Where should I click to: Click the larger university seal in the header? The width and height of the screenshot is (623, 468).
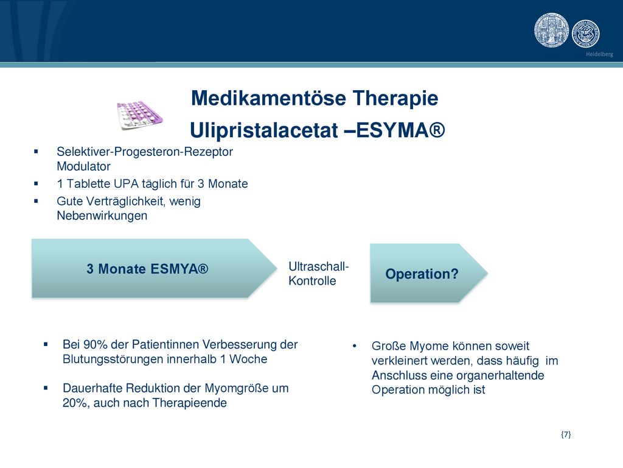[551, 30]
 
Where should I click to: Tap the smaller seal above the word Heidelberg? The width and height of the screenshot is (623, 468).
[586, 34]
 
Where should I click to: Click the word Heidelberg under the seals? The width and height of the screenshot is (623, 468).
[599, 54]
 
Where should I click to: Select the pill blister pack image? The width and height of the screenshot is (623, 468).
[140, 115]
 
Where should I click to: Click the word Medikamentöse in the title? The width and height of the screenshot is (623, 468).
[268, 98]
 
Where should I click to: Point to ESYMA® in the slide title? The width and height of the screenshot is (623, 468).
[400, 130]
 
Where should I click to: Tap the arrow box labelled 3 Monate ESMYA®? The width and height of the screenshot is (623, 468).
[154, 268]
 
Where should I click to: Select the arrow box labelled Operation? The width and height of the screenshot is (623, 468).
[429, 273]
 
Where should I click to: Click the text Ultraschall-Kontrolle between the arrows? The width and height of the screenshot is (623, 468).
[319, 274]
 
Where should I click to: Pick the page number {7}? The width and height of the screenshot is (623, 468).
[566, 434]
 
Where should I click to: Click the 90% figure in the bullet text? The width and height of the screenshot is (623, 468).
[96, 344]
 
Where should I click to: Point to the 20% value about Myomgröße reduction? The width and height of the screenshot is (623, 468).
[75, 403]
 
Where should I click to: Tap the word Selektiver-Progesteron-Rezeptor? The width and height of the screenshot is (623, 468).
[145, 152]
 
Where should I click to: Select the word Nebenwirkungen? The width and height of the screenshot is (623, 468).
[102, 216]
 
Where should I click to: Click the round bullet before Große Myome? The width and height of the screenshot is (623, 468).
[354, 346]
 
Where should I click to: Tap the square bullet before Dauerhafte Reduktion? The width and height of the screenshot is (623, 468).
[46, 388]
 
